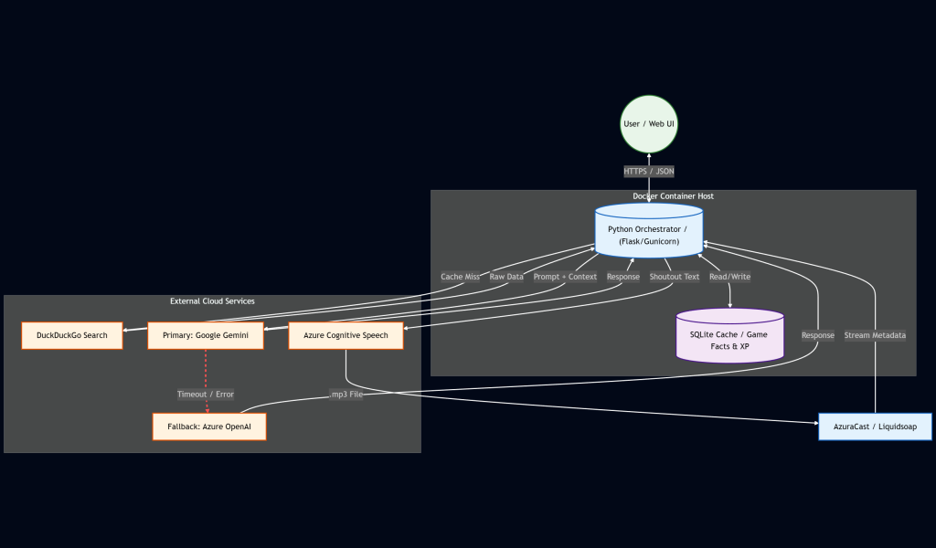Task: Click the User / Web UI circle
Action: point(649,123)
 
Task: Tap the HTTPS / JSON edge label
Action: point(649,171)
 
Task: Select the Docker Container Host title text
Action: point(674,196)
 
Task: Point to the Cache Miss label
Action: point(460,277)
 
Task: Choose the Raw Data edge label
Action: point(506,277)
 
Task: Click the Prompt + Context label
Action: point(565,277)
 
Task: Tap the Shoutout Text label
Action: point(674,277)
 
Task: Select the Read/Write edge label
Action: point(729,277)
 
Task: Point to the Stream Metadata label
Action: point(875,335)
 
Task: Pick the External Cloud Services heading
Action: point(212,301)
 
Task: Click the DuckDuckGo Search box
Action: point(72,335)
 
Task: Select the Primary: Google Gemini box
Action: point(206,335)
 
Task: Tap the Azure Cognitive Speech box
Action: point(346,335)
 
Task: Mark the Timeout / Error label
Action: point(206,395)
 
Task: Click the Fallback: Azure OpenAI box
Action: point(209,427)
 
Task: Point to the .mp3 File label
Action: point(346,395)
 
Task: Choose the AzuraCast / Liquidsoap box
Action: point(875,427)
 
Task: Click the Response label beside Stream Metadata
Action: point(817,335)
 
